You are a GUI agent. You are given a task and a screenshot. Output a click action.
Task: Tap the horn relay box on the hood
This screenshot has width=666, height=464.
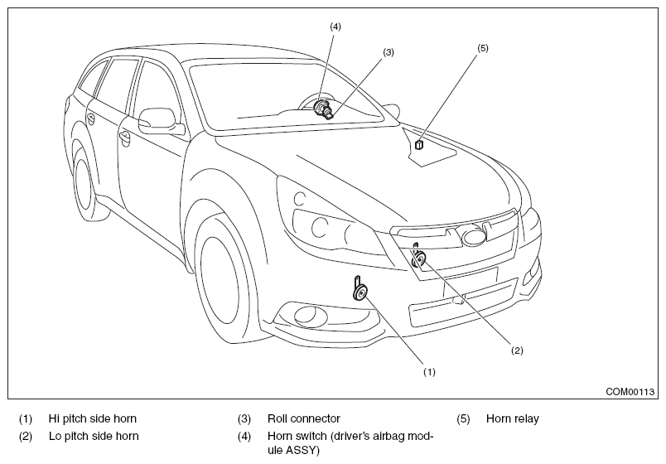[419, 145]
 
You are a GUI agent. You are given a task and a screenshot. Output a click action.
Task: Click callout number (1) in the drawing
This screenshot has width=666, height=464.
[429, 372]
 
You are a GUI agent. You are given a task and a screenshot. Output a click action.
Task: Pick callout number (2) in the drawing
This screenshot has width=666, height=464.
[517, 350]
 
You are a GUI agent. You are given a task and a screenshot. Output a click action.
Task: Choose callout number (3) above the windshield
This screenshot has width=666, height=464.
[388, 52]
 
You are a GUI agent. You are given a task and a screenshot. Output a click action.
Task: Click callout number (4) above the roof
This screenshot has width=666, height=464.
[335, 27]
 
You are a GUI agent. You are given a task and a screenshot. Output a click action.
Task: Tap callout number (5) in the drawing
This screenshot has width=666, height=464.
[483, 48]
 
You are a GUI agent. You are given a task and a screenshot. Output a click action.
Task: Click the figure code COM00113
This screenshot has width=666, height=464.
[630, 391]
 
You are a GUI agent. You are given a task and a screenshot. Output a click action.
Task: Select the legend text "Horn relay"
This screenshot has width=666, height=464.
[512, 418]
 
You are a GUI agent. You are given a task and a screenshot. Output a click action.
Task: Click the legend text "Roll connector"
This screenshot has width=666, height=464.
[304, 418]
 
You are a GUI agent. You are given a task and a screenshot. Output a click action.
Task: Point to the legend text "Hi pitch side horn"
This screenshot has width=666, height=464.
[93, 418]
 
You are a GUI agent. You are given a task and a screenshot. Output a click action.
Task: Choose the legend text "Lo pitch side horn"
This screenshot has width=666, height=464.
[94, 436]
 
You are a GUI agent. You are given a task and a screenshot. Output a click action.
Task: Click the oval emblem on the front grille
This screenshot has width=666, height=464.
[474, 237]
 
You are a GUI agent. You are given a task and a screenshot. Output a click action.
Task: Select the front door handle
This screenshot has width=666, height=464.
[125, 138]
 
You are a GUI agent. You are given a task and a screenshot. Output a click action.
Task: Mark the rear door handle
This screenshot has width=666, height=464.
[90, 118]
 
